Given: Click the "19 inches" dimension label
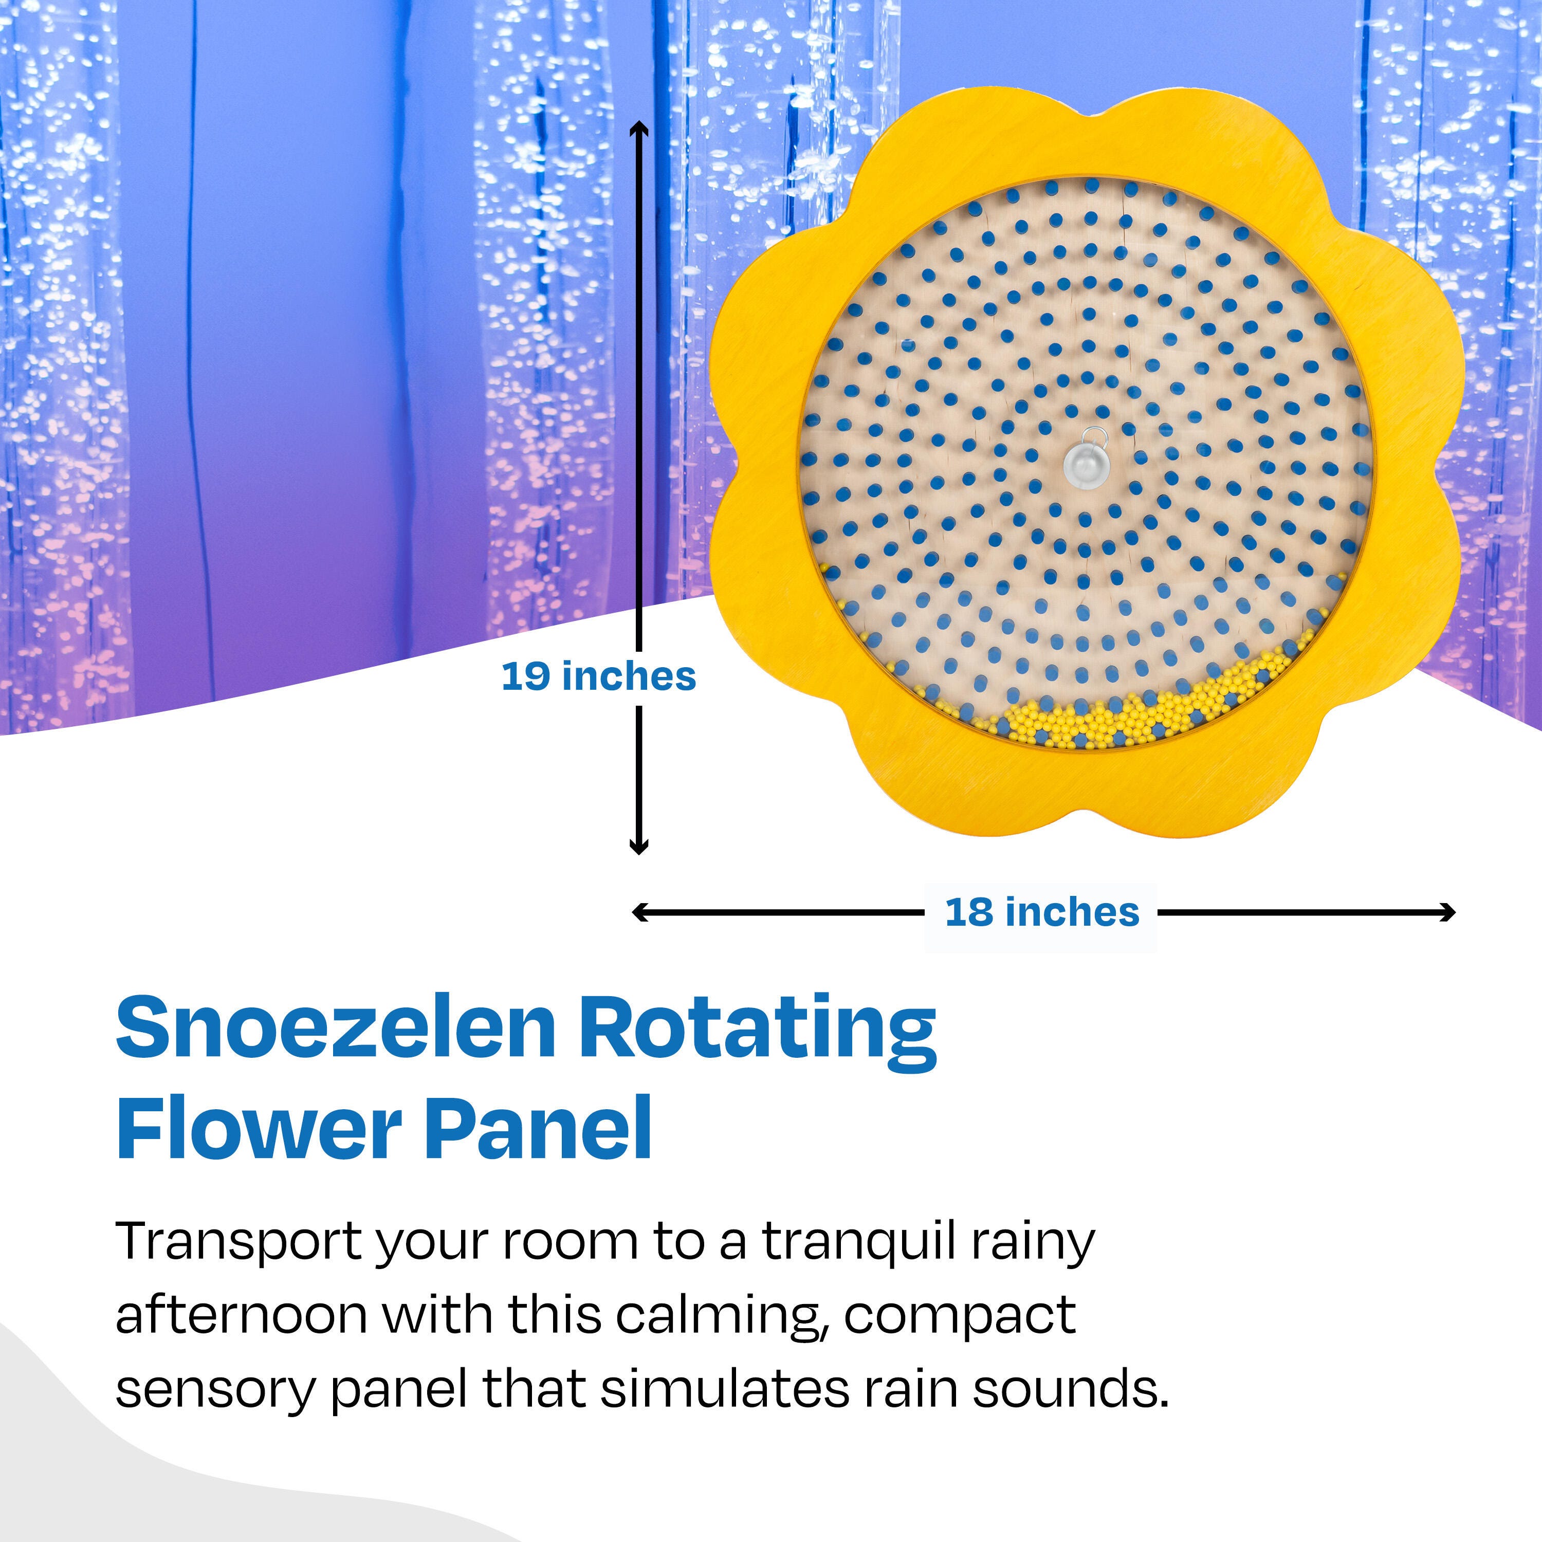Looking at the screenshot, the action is coord(599,677).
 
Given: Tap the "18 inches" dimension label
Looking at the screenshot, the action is coord(1041,912).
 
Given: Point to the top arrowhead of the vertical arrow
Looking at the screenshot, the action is coord(638,130).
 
